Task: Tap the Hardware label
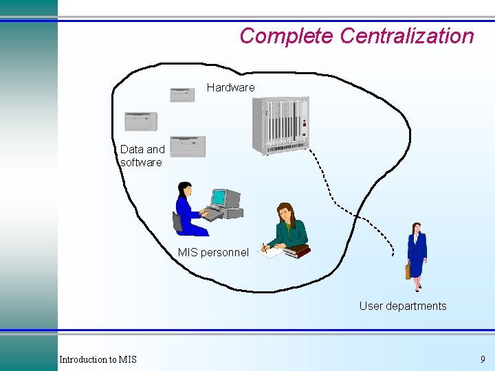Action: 230,87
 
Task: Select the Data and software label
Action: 142,156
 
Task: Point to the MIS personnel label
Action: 213,252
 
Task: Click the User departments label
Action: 402,306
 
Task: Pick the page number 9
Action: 483,359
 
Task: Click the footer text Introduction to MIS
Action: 98,359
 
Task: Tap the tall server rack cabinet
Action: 280,125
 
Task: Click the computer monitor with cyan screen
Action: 220,198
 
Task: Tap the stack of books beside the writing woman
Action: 297,251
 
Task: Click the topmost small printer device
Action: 182,95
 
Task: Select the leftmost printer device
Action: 141,122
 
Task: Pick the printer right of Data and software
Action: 188,146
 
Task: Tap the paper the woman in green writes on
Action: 270,252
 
